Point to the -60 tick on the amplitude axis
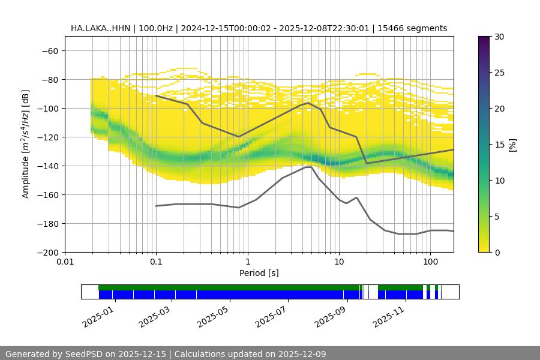(49, 50)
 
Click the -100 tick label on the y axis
(47, 108)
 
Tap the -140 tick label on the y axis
(47, 166)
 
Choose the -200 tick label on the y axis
(47, 252)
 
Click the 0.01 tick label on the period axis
(65, 262)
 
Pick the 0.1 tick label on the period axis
(156, 262)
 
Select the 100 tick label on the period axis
(430, 262)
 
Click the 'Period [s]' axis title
(259, 273)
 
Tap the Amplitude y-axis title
(26, 144)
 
